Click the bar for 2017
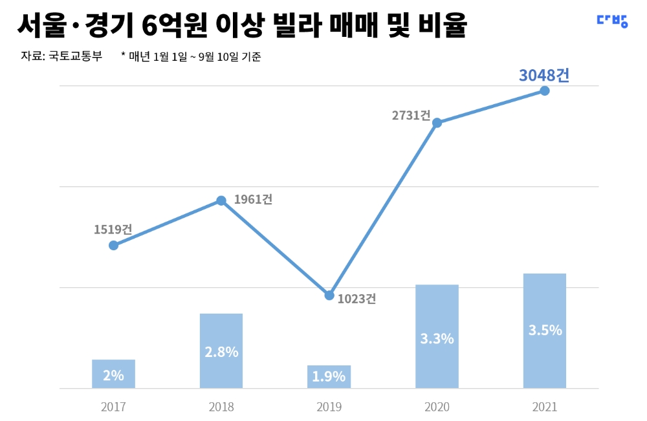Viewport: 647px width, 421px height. pos(113,374)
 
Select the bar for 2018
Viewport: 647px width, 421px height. pos(221,351)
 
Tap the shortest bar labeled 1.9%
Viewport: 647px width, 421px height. pos(329,376)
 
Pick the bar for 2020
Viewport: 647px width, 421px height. pos(437,336)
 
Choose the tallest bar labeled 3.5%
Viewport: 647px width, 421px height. pos(545,330)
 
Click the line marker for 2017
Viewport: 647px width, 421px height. pos(113,245)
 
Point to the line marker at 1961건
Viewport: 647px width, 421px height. pos(221,200)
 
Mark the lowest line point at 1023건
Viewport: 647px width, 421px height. pos(329,296)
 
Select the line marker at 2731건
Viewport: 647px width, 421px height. pos(437,123)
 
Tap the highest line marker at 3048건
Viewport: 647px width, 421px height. pos(545,91)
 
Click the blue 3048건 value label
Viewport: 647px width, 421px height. pos(544,75)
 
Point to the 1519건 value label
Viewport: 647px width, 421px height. pos(113,230)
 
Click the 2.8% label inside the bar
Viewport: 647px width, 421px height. pos(221,352)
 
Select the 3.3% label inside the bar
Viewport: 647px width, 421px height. pos(437,338)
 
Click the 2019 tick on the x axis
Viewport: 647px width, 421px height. pos(329,407)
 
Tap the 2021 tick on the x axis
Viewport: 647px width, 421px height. pos(545,407)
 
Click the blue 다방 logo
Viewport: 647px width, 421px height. pos(611,21)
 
